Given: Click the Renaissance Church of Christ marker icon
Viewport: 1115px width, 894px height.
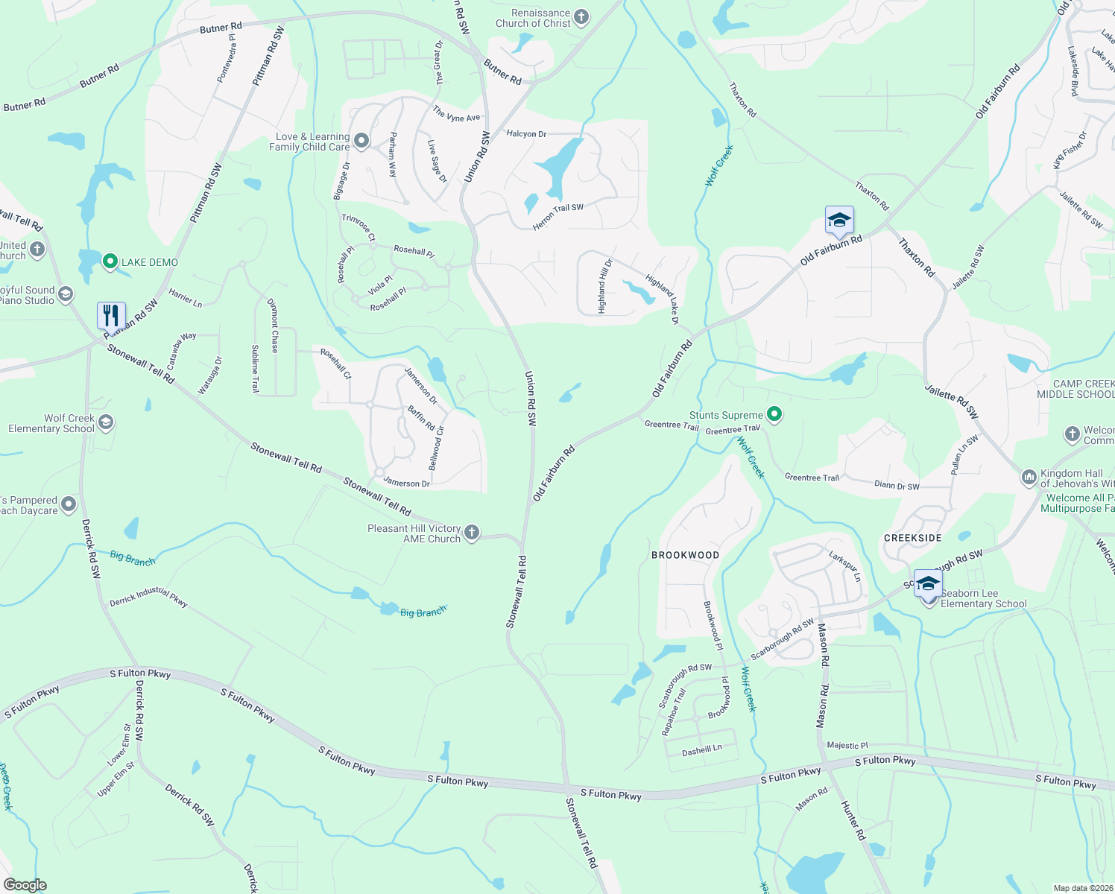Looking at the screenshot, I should (x=581, y=17).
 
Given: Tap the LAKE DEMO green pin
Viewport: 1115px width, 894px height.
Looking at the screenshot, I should (x=110, y=261).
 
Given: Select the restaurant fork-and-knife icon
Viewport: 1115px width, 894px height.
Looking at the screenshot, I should (x=111, y=316).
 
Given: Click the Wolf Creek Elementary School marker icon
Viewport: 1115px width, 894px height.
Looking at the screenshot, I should (x=106, y=423).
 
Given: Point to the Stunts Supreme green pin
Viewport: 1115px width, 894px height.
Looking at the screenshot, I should (x=774, y=414).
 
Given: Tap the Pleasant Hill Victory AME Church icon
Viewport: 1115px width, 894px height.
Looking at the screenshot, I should (x=471, y=533).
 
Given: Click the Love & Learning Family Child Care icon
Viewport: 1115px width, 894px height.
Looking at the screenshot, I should (x=361, y=141).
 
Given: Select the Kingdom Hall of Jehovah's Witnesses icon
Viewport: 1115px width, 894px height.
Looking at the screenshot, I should (x=1029, y=477).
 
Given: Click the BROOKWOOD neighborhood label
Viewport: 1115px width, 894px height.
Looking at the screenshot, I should (x=685, y=555).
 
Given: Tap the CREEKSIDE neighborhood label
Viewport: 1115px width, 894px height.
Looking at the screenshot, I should (x=912, y=538).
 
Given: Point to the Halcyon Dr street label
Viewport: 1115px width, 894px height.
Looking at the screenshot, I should (x=526, y=134).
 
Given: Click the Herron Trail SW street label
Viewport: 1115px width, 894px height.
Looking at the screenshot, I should (x=557, y=217).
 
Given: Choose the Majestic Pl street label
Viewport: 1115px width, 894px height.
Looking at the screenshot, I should (x=847, y=745).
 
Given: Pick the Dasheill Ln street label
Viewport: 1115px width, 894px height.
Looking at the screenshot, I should (x=701, y=750).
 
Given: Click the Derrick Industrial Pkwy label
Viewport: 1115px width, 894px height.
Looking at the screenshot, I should (x=148, y=596).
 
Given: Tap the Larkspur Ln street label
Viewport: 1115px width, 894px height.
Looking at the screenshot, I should (x=844, y=566).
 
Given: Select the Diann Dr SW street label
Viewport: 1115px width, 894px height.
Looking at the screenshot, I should (x=897, y=485).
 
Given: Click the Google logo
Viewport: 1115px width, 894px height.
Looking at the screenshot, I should (x=25, y=885).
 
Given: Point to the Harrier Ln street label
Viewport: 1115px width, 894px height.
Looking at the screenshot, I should (x=186, y=298).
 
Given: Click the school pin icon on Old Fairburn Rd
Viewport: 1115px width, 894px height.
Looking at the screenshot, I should (x=839, y=221).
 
